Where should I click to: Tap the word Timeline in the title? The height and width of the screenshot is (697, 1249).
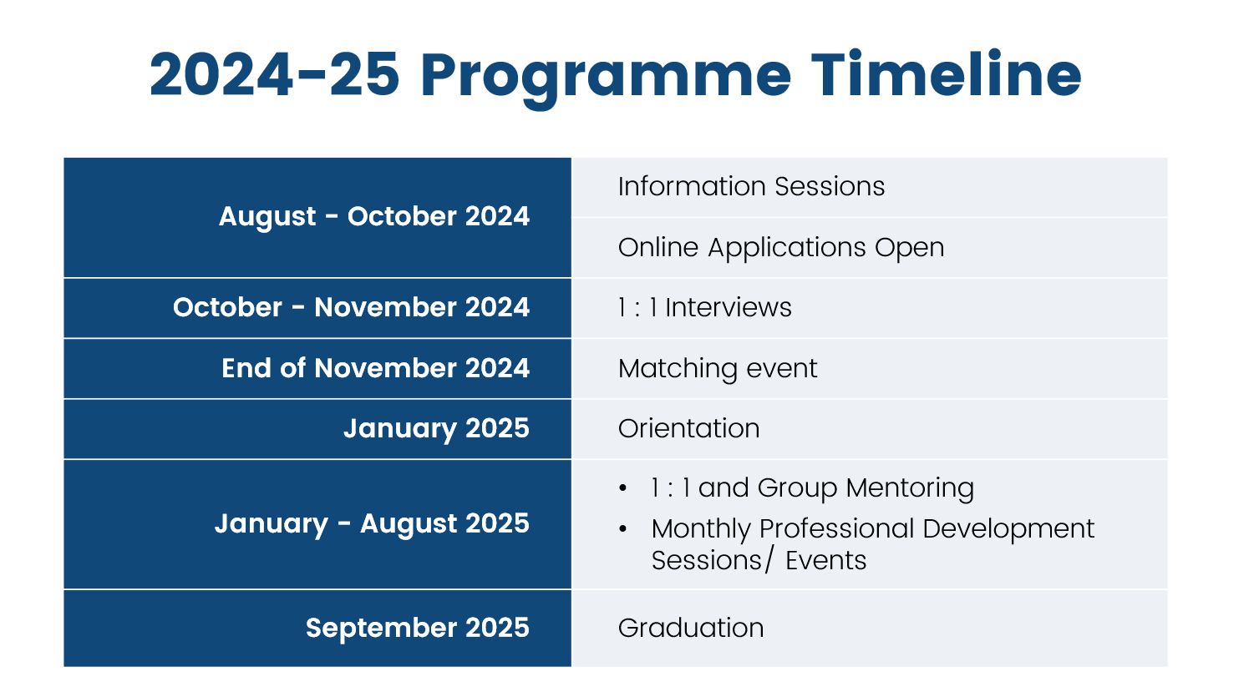[947, 74]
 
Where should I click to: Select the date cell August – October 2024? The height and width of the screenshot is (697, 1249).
[317, 217]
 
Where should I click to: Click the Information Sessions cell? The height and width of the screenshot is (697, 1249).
[869, 187]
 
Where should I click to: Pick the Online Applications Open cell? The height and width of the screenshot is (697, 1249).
[869, 247]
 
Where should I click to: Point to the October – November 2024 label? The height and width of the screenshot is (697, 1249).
[351, 307]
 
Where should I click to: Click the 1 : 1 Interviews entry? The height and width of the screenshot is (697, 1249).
[705, 307]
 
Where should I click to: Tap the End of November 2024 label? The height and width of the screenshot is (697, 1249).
[375, 368]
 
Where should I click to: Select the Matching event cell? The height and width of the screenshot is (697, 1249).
[869, 368]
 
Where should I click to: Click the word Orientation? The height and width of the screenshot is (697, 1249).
[689, 428]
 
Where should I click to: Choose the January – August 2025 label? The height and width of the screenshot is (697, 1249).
[372, 523]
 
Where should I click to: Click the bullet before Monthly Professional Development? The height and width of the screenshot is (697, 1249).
[622, 528]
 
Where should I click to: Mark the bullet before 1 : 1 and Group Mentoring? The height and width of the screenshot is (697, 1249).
[622, 488]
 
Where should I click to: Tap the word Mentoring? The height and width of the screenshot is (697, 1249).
[910, 488]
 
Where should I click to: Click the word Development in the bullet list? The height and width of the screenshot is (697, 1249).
[1008, 528]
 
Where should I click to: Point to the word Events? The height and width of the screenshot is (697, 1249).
[825, 560]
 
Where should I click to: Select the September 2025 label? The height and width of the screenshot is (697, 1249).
[418, 628]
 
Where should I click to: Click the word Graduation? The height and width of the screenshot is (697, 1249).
[691, 628]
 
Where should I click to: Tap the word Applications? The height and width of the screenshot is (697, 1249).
[787, 248]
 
